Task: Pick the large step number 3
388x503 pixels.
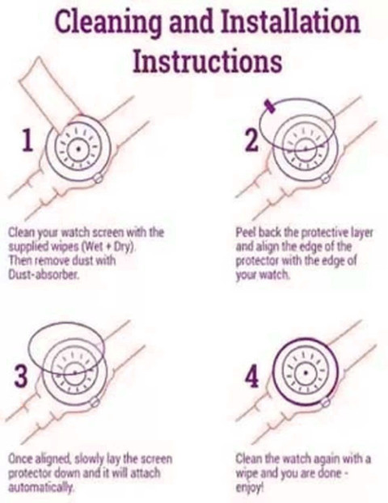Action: click(x=21, y=377)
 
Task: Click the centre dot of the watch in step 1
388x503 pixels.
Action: click(x=78, y=149)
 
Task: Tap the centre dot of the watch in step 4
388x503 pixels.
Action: click(x=306, y=373)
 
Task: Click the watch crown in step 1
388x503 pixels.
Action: click(x=98, y=178)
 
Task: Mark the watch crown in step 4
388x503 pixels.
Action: click(x=326, y=402)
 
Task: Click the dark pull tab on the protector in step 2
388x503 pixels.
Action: click(x=269, y=106)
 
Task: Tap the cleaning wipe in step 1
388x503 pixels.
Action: click(x=48, y=91)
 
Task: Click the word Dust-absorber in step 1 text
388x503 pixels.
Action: click(x=43, y=274)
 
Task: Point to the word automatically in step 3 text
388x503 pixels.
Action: click(x=41, y=488)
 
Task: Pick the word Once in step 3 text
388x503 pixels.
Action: click(x=20, y=459)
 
